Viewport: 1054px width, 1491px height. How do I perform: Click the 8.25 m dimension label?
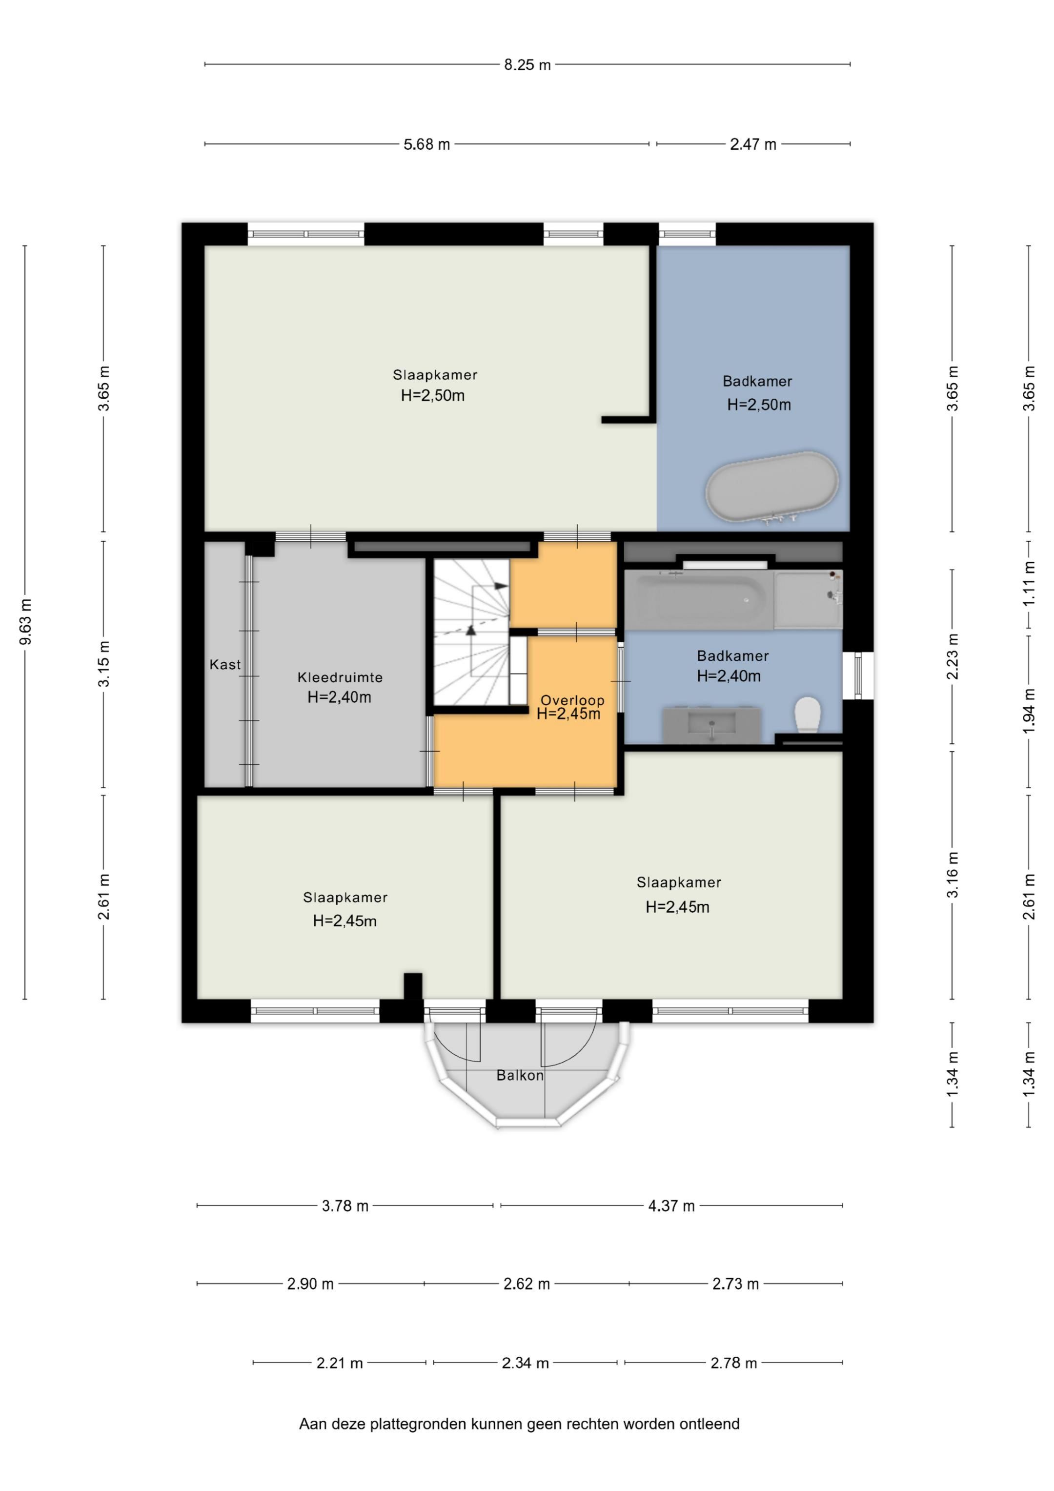[x=527, y=65]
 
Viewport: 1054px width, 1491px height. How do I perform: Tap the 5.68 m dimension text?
[x=426, y=144]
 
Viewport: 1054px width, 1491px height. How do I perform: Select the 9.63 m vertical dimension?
[x=26, y=622]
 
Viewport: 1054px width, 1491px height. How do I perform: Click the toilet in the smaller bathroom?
[x=808, y=715]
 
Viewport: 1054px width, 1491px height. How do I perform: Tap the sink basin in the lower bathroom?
[x=712, y=725]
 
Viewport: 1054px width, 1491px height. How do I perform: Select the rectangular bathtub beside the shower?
[x=699, y=599]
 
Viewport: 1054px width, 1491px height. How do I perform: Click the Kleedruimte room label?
[x=340, y=677]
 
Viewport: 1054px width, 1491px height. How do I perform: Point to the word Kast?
[x=224, y=664]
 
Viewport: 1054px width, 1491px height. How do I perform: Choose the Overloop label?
[x=572, y=700]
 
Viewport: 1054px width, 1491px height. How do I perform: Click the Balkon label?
[x=520, y=1075]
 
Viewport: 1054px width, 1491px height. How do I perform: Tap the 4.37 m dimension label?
[x=671, y=1206]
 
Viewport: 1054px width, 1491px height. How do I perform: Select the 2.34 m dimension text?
[x=526, y=1363]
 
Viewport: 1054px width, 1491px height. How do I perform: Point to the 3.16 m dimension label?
[x=953, y=874]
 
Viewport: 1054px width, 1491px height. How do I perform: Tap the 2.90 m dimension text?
[x=310, y=1284]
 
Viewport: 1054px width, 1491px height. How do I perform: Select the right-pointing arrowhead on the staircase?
[x=501, y=586]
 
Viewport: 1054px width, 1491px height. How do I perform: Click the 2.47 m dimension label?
[x=753, y=144]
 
